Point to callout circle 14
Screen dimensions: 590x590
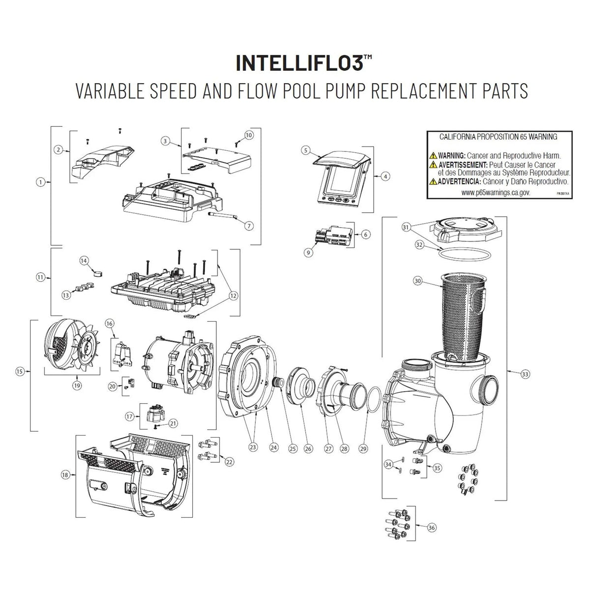click(84, 259)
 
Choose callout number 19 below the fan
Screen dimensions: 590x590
click(77, 386)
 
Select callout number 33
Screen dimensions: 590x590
click(526, 374)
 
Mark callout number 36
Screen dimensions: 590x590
click(432, 528)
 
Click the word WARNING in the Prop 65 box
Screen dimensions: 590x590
click(452, 155)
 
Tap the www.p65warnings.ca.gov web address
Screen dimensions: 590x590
click(496, 193)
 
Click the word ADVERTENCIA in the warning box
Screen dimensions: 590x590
click(462, 181)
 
